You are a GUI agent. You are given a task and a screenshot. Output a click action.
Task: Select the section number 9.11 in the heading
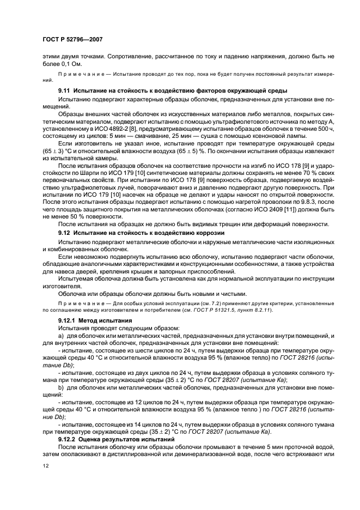64,90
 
